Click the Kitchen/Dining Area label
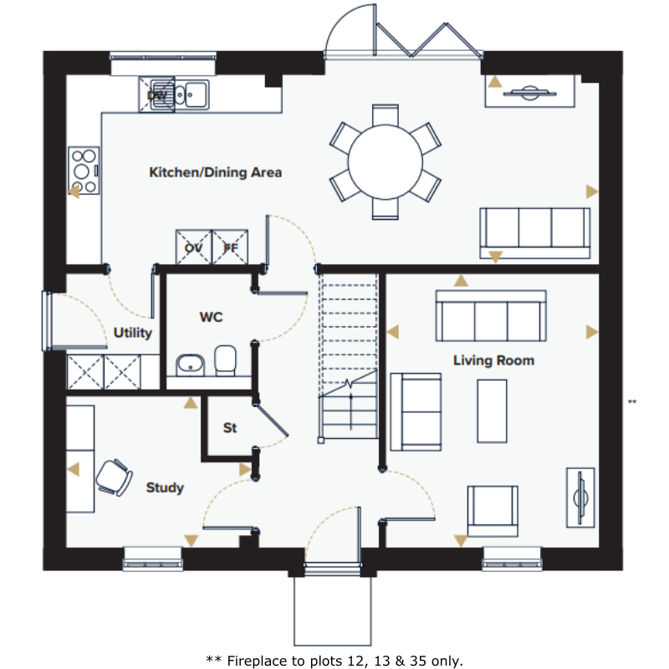pos(216,172)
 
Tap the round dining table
pos(386,162)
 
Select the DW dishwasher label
pos(156,95)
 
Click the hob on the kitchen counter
pos(84,171)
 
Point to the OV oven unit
pos(194,248)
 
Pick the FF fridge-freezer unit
pos(230,248)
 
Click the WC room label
pos(212,317)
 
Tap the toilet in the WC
pos(225,360)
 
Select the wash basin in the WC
pos(191,365)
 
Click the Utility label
pos(133,333)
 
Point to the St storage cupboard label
pos(230,427)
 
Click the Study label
pos(165,488)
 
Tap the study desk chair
pos(114,477)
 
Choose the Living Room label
pos(493,360)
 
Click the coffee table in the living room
pos(492,411)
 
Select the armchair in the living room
pos(493,511)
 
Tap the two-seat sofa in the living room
pos(416,412)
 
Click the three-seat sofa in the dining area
pos(535,233)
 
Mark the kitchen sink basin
pos(197,94)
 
